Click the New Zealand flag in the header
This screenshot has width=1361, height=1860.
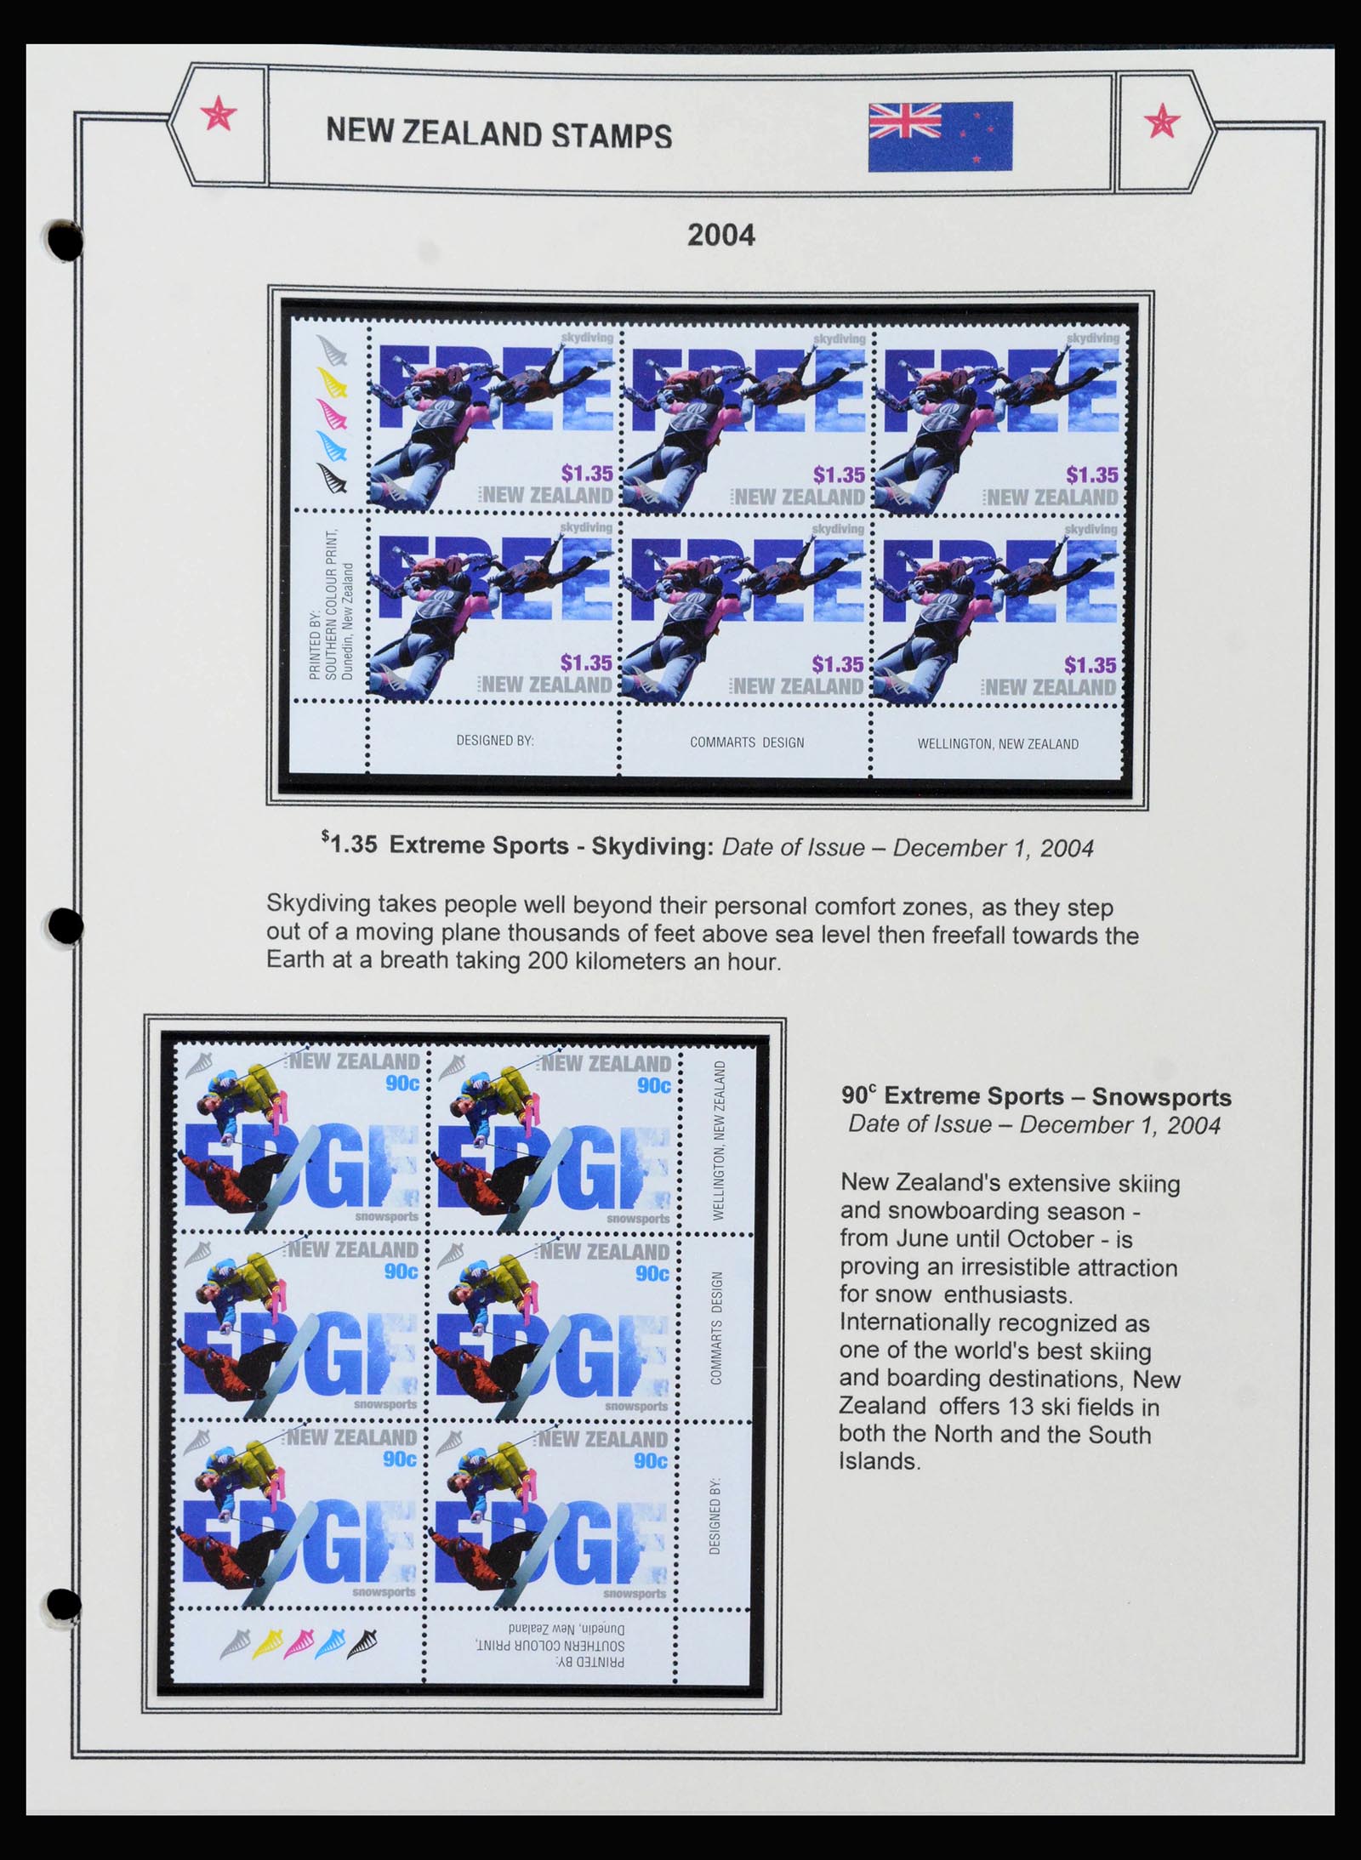click(940, 136)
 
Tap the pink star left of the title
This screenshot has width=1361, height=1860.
click(219, 114)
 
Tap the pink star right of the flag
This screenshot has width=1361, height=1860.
click(1161, 122)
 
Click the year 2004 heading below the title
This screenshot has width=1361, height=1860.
click(720, 235)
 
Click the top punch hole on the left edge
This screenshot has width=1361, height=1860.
click(65, 240)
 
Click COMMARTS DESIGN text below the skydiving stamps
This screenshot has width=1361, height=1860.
click(747, 742)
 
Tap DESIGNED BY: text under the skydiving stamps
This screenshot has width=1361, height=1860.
click(495, 741)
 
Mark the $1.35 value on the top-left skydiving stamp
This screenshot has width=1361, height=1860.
click(587, 474)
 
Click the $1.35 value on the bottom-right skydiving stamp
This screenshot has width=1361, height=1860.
click(1091, 665)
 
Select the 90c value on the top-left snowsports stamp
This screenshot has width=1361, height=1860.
click(401, 1084)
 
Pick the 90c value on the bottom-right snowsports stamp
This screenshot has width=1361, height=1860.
click(652, 1460)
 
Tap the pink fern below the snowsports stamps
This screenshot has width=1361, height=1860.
click(299, 1643)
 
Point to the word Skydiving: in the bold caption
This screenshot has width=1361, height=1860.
click(652, 846)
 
